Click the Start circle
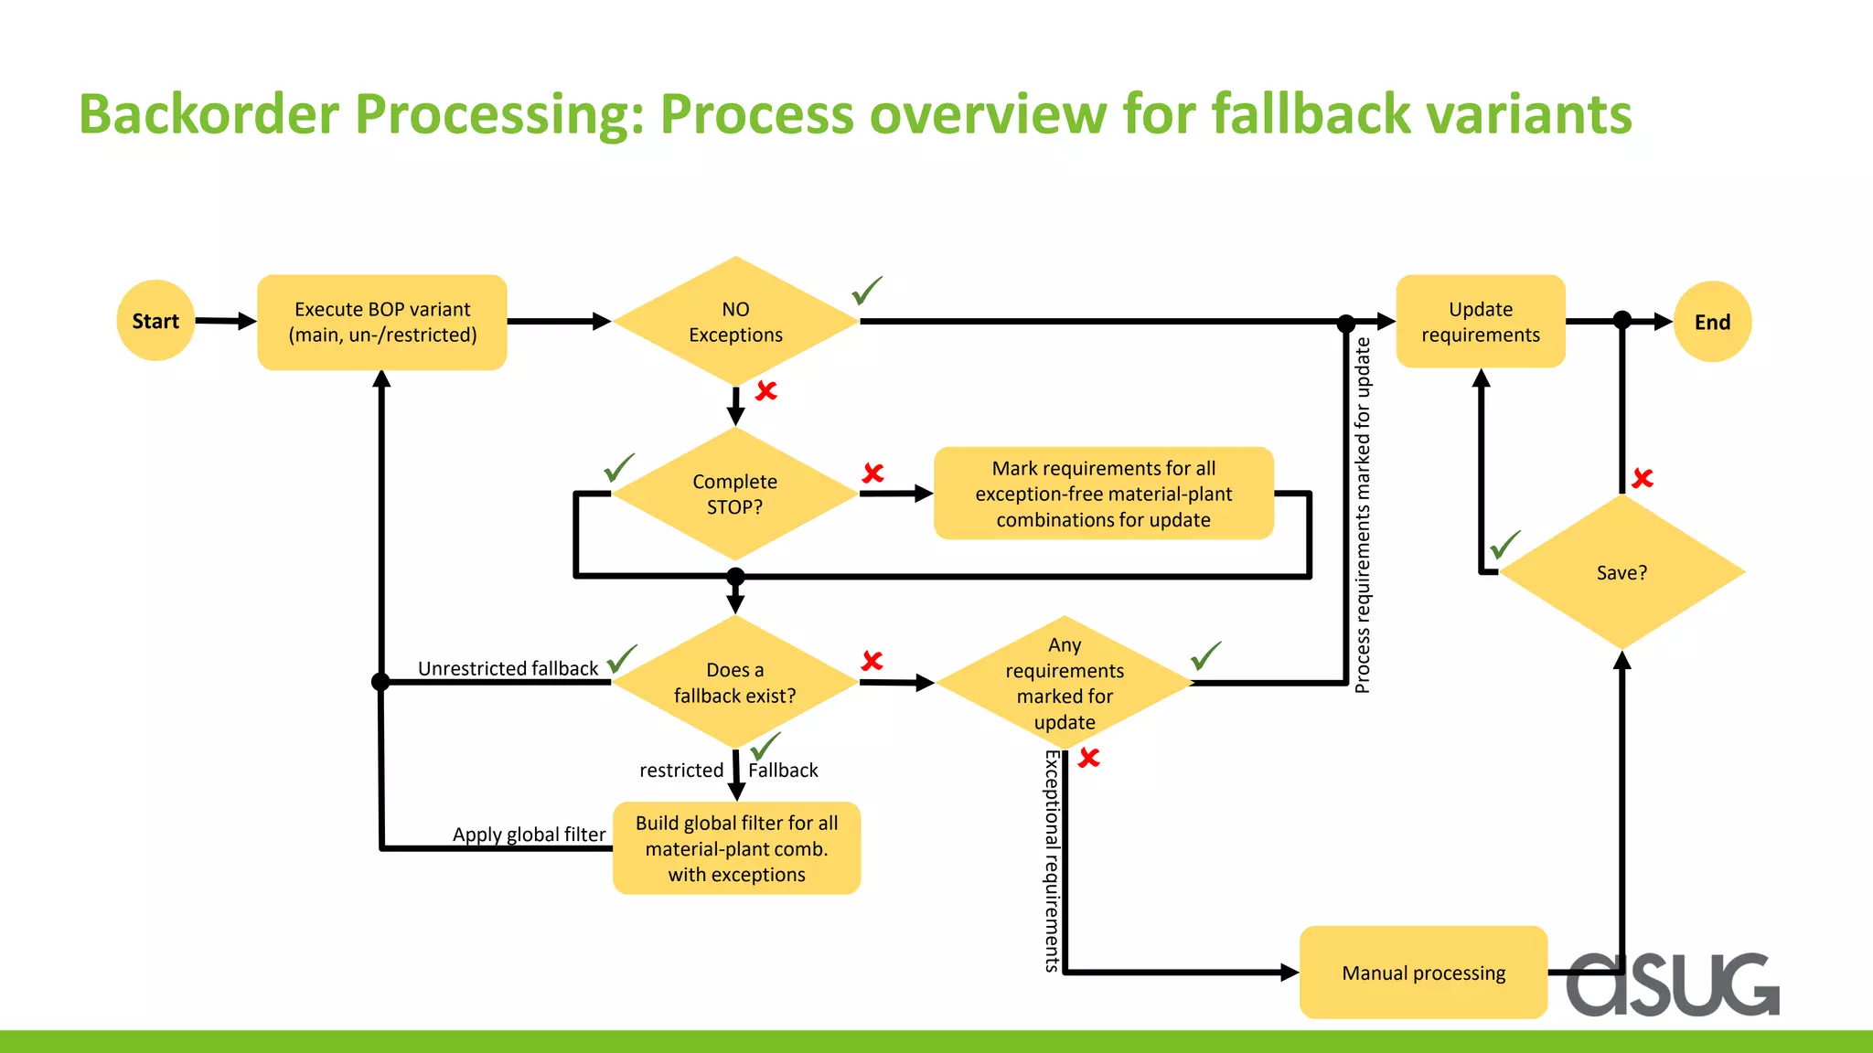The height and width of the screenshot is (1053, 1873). pyautogui.click(x=155, y=321)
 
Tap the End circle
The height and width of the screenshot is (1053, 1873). pyautogui.click(x=1712, y=322)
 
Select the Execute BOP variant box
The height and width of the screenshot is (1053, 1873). pyautogui.click(x=382, y=322)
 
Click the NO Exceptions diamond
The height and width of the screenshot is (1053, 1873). pyautogui.click(x=735, y=322)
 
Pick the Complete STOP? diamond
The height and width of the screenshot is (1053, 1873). pyautogui.click(x=734, y=494)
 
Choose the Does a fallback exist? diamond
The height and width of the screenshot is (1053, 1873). pyautogui.click(x=734, y=683)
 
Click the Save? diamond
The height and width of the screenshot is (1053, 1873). pyautogui.click(x=1621, y=573)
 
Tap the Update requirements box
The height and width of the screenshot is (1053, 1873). pyautogui.click(x=1480, y=322)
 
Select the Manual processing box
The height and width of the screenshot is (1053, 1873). pyautogui.click(x=1423, y=973)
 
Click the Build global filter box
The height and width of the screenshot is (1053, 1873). pyautogui.click(x=736, y=848)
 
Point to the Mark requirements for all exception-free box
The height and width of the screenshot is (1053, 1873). pyautogui.click(x=1103, y=494)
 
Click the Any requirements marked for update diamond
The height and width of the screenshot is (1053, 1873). pyautogui.click(x=1065, y=683)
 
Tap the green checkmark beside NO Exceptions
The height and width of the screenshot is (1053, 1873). pyautogui.click(x=866, y=291)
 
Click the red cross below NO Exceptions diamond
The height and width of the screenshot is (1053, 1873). pyautogui.click(x=765, y=391)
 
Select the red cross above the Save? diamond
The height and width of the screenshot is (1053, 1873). pyautogui.click(x=1643, y=478)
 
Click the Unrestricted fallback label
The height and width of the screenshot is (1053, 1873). pyautogui.click(x=508, y=668)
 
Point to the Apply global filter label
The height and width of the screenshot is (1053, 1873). pyautogui.click(x=529, y=834)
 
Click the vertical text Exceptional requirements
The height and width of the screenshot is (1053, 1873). pyautogui.click(x=1053, y=859)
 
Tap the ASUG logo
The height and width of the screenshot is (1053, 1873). pyautogui.click(x=1672, y=984)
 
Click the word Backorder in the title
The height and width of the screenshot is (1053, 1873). pyautogui.click(x=209, y=114)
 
